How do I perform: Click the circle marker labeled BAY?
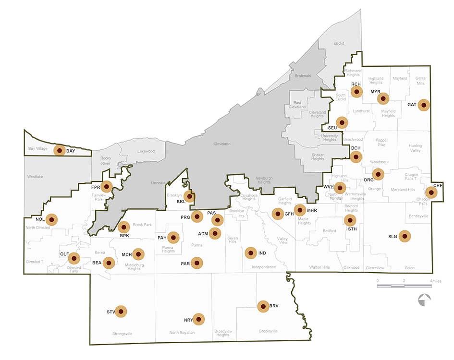(x=59, y=150)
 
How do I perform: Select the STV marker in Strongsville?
(x=121, y=312)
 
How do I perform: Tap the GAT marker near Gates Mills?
(x=423, y=105)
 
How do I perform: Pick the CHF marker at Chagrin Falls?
(x=431, y=192)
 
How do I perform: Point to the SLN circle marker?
(x=405, y=236)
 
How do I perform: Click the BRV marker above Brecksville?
(x=263, y=306)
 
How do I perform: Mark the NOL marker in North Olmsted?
(x=50, y=219)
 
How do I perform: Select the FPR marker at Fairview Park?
(x=106, y=186)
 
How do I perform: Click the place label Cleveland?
(x=222, y=144)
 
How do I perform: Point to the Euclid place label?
(x=339, y=43)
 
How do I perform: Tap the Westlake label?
(x=35, y=177)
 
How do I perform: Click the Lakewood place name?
(x=146, y=151)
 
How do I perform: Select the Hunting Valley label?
(x=415, y=148)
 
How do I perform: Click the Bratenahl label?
(x=303, y=76)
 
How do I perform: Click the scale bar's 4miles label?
(x=436, y=280)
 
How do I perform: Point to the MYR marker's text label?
(x=376, y=92)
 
